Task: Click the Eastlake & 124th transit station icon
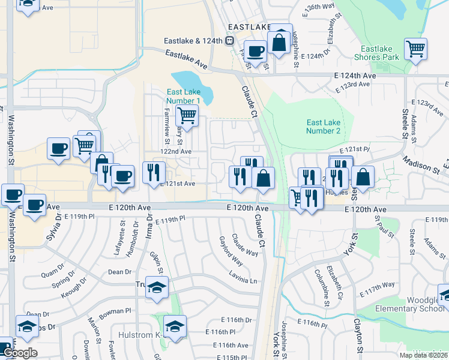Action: [x=229, y=41]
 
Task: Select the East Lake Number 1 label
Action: [x=183, y=96]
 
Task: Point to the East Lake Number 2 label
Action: [x=323, y=127]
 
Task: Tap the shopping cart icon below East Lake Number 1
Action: [x=187, y=115]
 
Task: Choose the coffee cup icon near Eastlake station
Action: [x=255, y=52]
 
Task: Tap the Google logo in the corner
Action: [x=19, y=353]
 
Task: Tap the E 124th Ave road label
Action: [x=355, y=76]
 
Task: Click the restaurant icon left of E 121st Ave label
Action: [x=154, y=173]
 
